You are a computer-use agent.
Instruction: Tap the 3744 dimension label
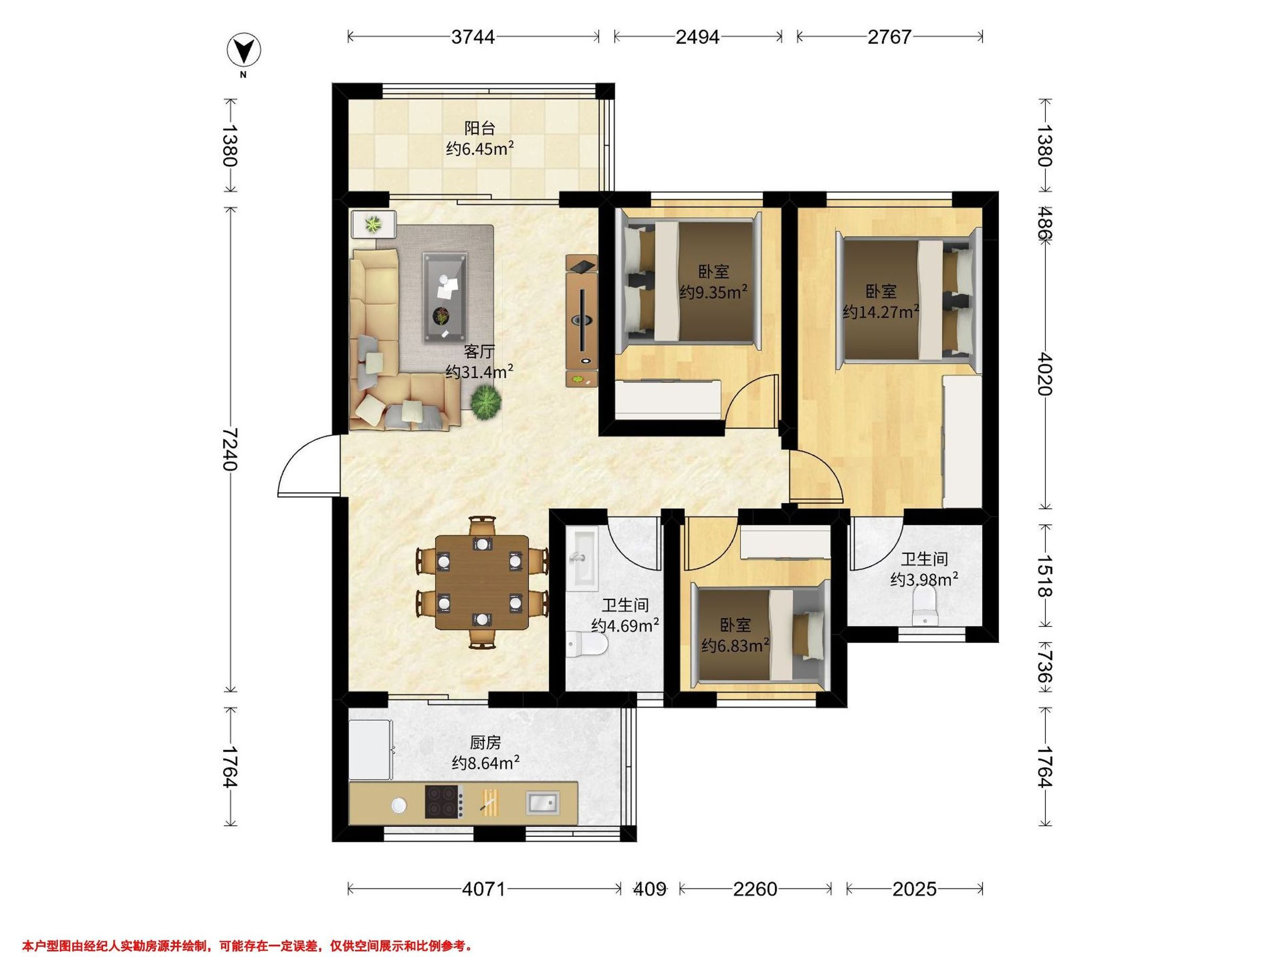point(473,37)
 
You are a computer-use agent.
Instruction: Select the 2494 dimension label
point(698,37)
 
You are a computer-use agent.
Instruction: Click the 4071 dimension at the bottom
point(483,889)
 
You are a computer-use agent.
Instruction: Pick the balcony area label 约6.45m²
point(480,149)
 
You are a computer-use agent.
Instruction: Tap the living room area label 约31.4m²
point(480,372)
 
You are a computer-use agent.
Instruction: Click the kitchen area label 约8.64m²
point(486,763)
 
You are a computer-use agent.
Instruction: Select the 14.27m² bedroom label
point(881,312)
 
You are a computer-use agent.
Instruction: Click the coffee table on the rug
point(445,298)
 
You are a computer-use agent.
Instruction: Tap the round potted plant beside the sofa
point(485,401)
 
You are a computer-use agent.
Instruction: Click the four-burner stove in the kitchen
point(444,802)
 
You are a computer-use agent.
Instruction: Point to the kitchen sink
point(542,803)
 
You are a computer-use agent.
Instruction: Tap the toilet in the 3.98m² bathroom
point(926,608)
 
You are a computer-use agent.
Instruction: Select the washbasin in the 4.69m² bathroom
point(581,559)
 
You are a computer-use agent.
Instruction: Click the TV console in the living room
point(582,321)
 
